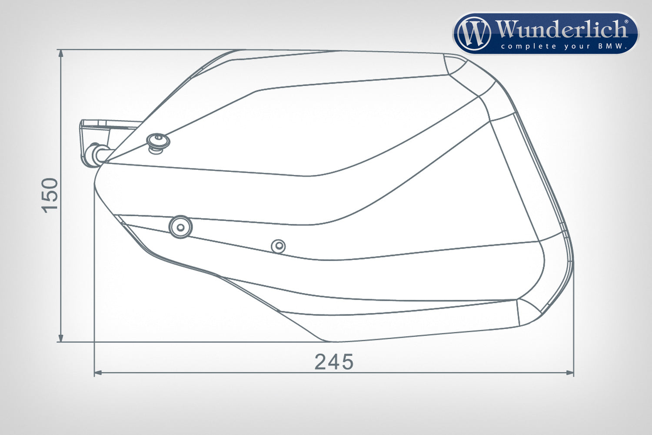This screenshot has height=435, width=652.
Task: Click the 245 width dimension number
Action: click(334, 362)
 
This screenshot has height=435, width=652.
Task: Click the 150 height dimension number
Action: click(50, 195)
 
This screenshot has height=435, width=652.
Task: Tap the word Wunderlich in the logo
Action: click(561, 30)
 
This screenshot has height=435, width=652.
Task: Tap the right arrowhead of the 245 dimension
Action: click(570, 372)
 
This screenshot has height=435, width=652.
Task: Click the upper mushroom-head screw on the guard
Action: click(157, 142)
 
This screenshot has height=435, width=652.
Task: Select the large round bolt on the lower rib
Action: click(180, 227)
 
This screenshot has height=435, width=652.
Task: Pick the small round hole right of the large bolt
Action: click(278, 247)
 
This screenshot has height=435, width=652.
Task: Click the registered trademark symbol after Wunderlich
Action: click(626, 21)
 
